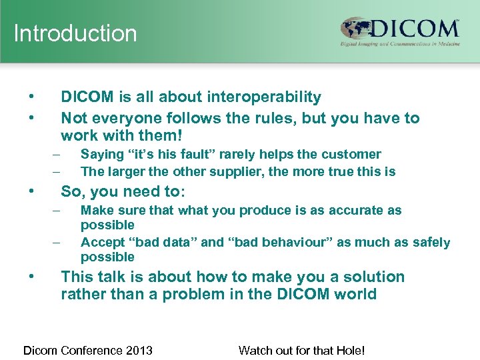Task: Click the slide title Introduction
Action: [75, 33]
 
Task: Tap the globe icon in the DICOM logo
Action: [355, 29]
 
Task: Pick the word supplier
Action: [241, 171]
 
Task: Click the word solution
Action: [373, 277]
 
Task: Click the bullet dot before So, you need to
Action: [32, 191]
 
